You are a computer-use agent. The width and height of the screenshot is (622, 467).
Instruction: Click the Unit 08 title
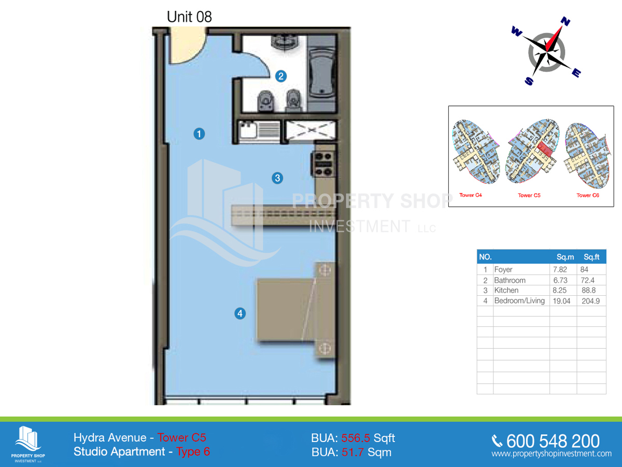pyautogui.click(x=189, y=17)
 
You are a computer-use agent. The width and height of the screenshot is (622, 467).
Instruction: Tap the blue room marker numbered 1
pyautogui.click(x=199, y=134)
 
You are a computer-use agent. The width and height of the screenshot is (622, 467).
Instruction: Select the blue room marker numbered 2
pyautogui.click(x=280, y=76)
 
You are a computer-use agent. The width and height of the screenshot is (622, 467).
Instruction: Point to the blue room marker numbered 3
pyautogui.click(x=277, y=178)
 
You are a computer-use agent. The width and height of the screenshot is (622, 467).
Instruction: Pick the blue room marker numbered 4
pyautogui.click(x=239, y=313)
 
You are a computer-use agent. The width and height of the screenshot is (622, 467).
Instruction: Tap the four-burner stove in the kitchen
pyautogui.click(x=323, y=163)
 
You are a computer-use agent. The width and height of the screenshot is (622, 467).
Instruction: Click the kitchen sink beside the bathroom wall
pyautogui.click(x=248, y=129)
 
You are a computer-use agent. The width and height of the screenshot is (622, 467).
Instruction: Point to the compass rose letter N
pyautogui.click(x=566, y=22)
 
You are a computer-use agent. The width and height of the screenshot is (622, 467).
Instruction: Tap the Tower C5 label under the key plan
pyautogui.click(x=529, y=196)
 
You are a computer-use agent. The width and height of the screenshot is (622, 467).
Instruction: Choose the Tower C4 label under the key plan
pyautogui.click(x=471, y=196)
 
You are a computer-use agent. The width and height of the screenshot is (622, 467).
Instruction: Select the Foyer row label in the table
pyautogui.click(x=503, y=270)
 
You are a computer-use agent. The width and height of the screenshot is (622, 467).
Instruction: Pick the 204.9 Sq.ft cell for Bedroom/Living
pyautogui.click(x=591, y=301)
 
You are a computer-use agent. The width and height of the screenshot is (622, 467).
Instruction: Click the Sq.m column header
pyautogui.click(x=565, y=257)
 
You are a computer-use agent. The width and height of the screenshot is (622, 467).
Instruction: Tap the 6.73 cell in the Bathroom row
pyautogui.click(x=561, y=280)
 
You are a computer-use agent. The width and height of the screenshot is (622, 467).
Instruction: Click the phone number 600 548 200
pyautogui.click(x=553, y=441)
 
